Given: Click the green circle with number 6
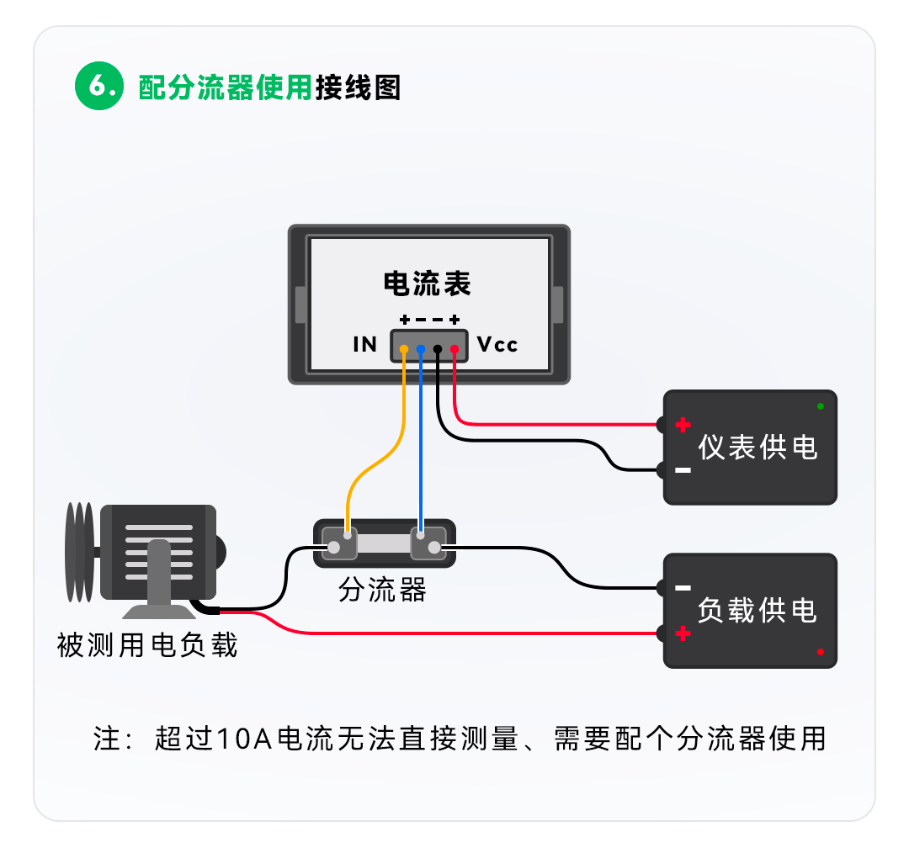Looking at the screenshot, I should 99,87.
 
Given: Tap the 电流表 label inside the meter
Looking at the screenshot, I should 428,283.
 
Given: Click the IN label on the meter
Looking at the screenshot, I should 364,345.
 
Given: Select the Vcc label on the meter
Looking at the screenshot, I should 497,345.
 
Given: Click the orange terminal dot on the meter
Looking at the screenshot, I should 405,348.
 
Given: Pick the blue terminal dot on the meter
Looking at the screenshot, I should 421,348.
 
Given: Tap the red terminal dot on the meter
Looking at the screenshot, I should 454,348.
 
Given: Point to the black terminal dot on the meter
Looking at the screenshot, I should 438,348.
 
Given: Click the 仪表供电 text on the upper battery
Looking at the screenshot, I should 757,448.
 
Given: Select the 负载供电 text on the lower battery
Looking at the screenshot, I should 757,610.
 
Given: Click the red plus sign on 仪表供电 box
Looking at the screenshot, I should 683,425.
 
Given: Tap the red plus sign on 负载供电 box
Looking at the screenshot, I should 683,633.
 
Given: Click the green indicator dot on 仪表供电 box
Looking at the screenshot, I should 821,406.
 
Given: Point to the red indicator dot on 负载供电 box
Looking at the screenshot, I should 821,652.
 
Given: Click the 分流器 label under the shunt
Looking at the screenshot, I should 383,591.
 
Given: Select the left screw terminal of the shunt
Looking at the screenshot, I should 334,548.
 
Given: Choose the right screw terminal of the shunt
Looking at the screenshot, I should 434,548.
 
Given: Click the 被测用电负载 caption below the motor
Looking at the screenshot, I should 148,645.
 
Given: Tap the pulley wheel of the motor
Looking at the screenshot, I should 79,552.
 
